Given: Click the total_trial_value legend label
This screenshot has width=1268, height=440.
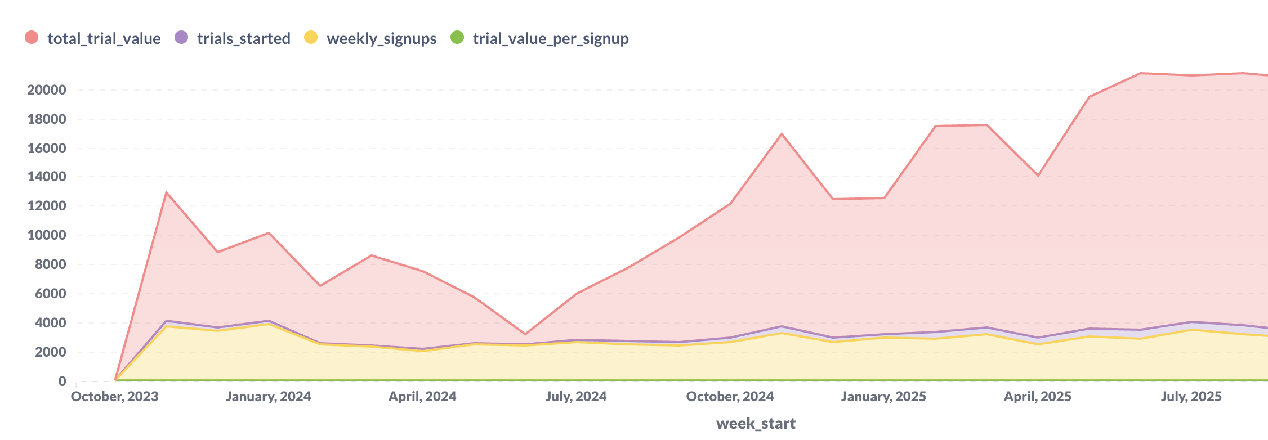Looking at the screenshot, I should (x=104, y=38).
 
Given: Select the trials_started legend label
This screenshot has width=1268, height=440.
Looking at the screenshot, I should (x=243, y=38).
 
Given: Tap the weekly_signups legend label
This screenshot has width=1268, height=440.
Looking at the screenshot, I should (x=381, y=38).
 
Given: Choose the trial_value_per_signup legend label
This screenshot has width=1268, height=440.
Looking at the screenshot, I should (x=550, y=38).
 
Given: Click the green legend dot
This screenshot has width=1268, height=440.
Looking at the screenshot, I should (x=457, y=38).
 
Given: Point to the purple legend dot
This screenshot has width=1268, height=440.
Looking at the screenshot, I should (x=181, y=38).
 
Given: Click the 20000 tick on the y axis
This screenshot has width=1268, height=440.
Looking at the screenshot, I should (x=47, y=90).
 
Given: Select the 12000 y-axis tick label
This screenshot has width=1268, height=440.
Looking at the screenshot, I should (x=47, y=206).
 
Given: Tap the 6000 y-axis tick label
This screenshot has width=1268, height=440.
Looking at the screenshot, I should (x=50, y=294).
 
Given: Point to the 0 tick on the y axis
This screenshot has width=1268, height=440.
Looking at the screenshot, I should (x=62, y=381).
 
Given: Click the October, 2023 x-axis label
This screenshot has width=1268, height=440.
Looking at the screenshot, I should (x=115, y=397).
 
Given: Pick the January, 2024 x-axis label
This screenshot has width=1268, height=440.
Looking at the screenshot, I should (x=268, y=397).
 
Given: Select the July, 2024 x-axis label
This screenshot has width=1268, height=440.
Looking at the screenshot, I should (x=576, y=397).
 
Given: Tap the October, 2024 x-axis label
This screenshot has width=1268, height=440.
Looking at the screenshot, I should (x=730, y=397).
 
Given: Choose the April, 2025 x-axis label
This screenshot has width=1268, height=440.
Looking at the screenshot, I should (x=1037, y=397).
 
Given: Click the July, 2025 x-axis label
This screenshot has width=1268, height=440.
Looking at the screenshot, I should (x=1191, y=397).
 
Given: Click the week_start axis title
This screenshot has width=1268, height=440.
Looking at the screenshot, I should (x=756, y=423).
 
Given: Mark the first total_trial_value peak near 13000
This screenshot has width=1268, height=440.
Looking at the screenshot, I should (x=166, y=192).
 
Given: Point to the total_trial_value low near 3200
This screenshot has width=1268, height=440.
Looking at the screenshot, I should (x=525, y=334).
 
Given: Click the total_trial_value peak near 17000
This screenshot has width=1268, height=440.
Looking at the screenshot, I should (x=782, y=134).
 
